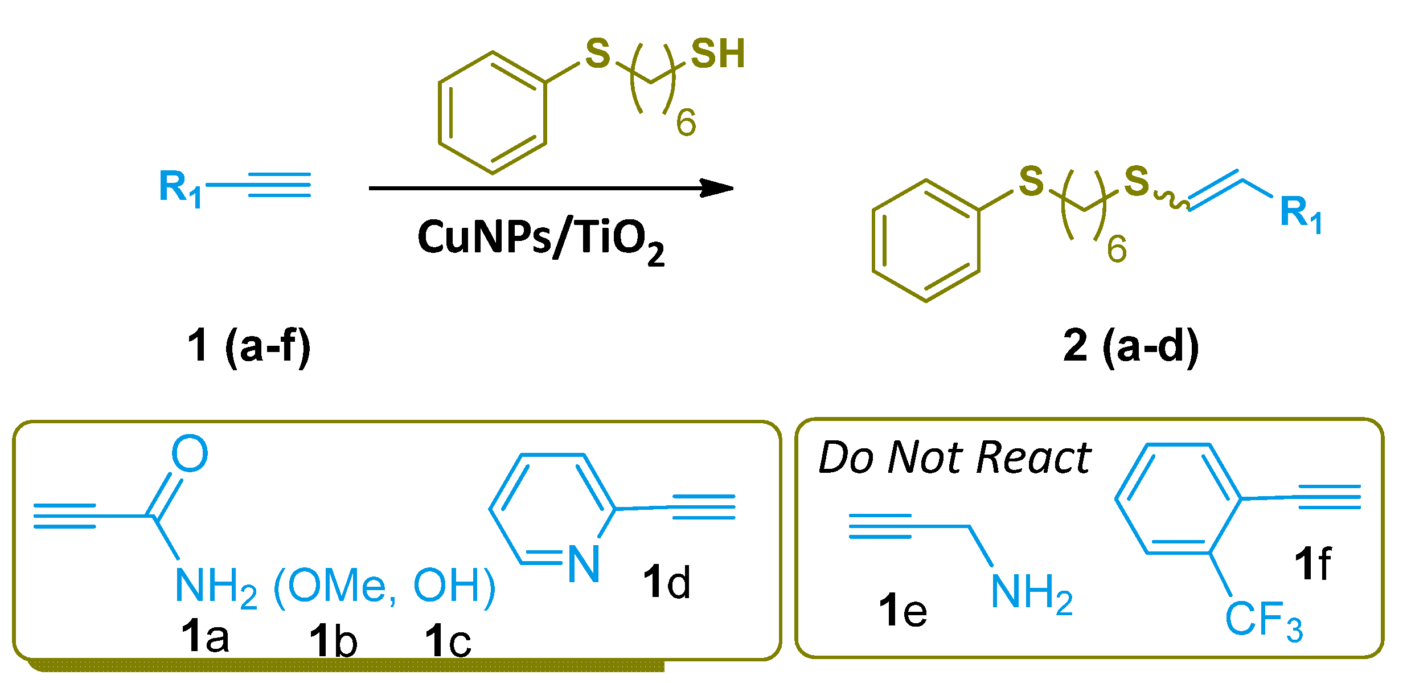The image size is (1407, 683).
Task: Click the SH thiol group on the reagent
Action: (x=717, y=55)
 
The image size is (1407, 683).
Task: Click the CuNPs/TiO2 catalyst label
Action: (x=541, y=239)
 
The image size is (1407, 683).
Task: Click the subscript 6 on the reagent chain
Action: (x=686, y=122)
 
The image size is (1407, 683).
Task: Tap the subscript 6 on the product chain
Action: (x=1117, y=250)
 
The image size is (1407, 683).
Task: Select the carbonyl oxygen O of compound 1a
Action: (x=190, y=453)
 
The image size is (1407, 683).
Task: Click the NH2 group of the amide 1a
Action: (x=215, y=587)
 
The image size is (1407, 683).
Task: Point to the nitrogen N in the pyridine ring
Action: (x=584, y=564)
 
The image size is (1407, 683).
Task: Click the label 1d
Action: (x=666, y=582)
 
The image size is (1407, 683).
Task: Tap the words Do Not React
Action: (x=954, y=458)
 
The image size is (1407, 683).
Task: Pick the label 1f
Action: (x=1312, y=564)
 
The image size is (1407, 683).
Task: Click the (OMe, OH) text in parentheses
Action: (x=385, y=587)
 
